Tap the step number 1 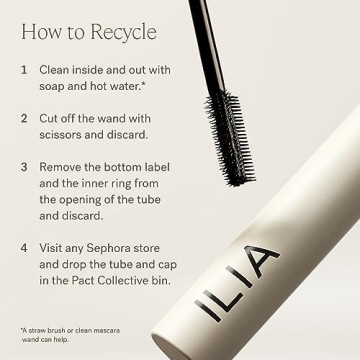tap(24, 72)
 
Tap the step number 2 tap(24, 116)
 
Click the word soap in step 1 tap(54, 88)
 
